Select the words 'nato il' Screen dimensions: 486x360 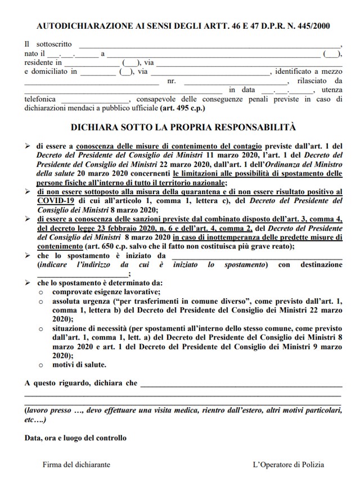[x=35, y=53]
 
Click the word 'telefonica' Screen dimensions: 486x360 [x=40, y=98]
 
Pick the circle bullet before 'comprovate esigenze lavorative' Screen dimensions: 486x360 [x=41, y=292]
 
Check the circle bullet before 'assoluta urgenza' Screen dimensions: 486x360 [x=41, y=301]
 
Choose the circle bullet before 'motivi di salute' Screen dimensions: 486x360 [x=41, y=365]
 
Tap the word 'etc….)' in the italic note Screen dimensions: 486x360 [x=35, y=420]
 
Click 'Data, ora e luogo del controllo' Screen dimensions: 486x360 [x=75, y=438]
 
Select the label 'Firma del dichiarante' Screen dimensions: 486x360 [x=76, y=465]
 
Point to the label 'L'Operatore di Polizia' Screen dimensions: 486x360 [x=288, y=465]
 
